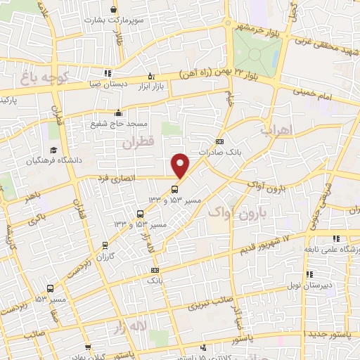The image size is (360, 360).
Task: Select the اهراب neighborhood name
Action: pos(275,131)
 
